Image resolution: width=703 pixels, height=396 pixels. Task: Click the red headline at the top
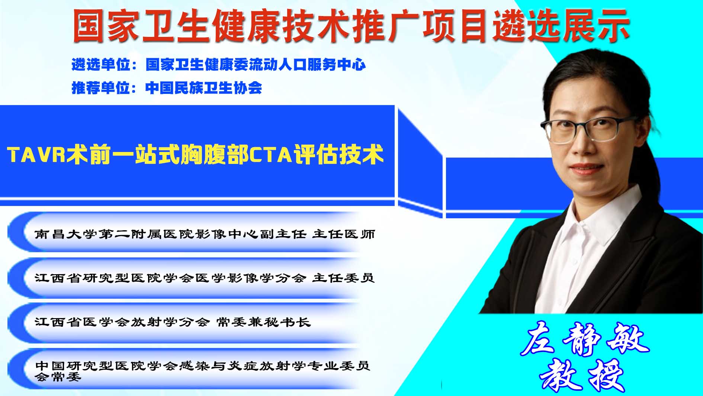click(x=351, y=25)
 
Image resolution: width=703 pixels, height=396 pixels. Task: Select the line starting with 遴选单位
click(x=218, y=65)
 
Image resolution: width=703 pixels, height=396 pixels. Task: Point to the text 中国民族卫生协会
click(x=204, y=88)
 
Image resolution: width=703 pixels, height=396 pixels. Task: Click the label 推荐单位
click(x=101, y=88)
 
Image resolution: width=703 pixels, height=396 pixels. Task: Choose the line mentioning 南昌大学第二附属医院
click(x=205, y=234)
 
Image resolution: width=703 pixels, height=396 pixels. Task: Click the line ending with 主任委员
click(x=204, y=278)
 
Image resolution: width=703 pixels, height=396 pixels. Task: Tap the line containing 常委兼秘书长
click(x=173, y=322)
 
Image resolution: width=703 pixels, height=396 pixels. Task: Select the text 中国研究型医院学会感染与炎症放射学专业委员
click(x=203, y=365)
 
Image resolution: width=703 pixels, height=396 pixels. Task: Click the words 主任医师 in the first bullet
click(x=343, y=234)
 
